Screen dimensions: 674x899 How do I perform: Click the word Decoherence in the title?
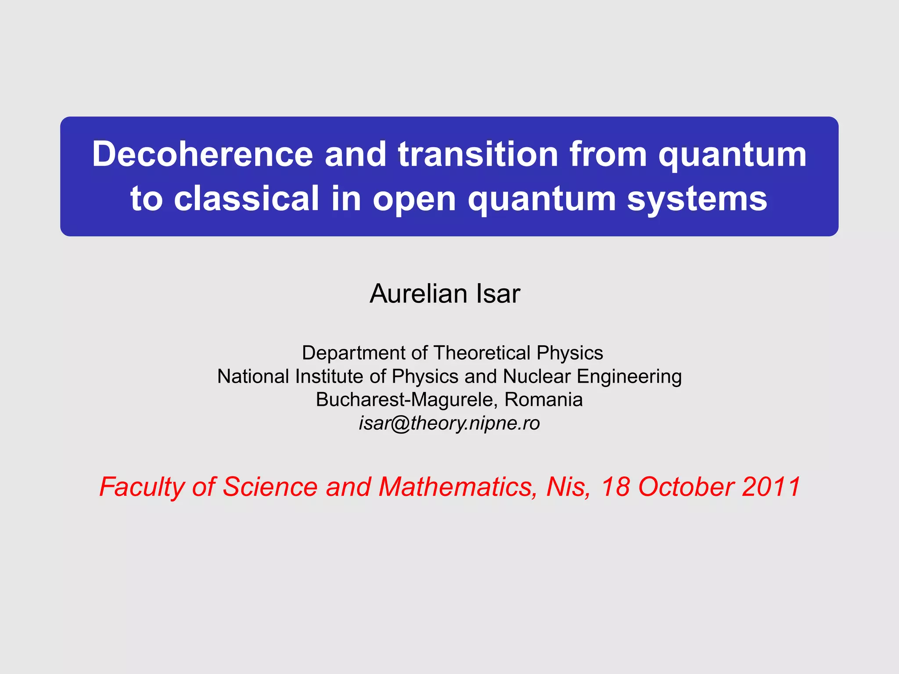pos(202,154)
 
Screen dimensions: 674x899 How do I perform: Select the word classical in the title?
pos(246,199)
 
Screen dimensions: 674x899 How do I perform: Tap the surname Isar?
pos(498,294)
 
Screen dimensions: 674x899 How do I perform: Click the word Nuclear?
pos(537,376)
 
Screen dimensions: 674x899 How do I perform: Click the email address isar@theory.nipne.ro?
pos(449,423)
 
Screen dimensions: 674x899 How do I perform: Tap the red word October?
pos(685,487)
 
